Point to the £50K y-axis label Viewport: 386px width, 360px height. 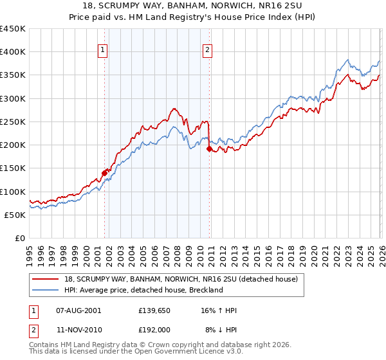pyautogui.click(x=15, y=215)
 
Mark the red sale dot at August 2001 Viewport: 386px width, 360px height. pyautogui.click(x=104, y=172)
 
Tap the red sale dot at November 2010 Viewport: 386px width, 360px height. pyautogui.click(x=209, y=148)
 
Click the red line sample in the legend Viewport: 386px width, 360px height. pyautogui.click(x=46, y=280)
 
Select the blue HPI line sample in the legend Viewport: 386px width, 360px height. pyautogui.click(x=46, y=291)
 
